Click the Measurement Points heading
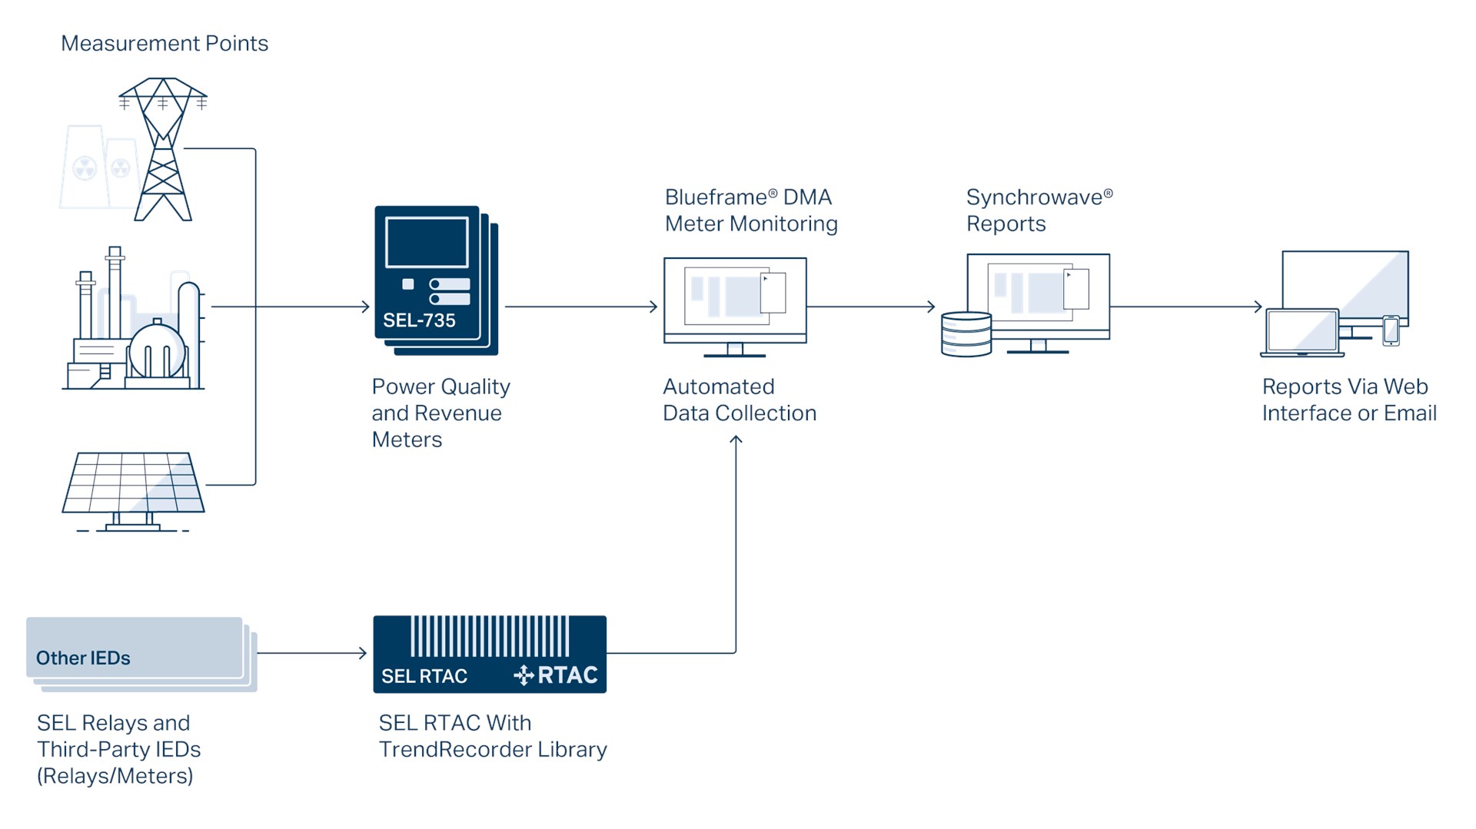pos(165,44)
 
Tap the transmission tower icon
pos(163,150)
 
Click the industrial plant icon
pos(135,323)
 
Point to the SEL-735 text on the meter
pos(419,320)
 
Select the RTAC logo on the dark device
pos(557,675)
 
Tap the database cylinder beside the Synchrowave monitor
pos(966,334)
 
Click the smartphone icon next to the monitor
pos(1391,330)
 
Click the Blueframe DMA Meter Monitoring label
pos(750,211)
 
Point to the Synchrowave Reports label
pos(1039,211)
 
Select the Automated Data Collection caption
pos(739,400)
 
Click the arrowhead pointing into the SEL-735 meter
pos(366,307)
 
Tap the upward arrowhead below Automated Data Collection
pos(736,440)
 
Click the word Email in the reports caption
pos(1410,413)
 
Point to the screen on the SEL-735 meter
pos(427,242)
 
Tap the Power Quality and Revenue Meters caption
pos(440,413)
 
